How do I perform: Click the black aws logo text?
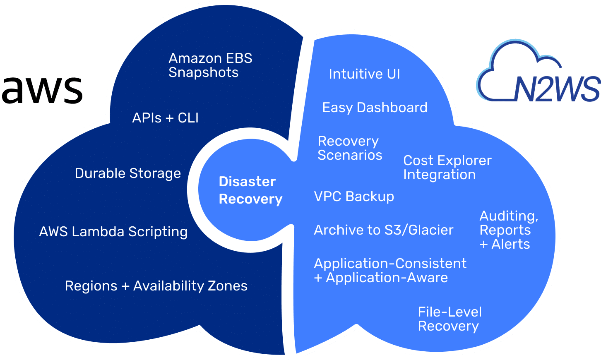(x=42, y=90)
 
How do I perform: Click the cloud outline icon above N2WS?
(x=522, y=62)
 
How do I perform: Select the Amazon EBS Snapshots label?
(x=210, y=65)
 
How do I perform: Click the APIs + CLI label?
(x=165, y=118)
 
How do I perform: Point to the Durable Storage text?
(x=127, y=173)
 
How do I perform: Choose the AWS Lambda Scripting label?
(x=113, y=232)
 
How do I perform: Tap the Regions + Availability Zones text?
(x=156, y=286)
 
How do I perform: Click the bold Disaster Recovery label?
(x=250, y=190)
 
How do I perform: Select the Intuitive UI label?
(x=364, y=74)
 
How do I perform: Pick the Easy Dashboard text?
(x=375, y=108)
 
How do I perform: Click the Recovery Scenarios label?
(x=349, y=148)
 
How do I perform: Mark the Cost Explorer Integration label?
(x=447, y=168)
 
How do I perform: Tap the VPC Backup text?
(x=354, y=197)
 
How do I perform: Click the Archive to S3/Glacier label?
(x=383, y=230)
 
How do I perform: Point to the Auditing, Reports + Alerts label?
(x=508, y=230)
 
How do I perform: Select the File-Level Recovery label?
(x=450, y=319)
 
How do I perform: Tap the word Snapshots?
(x=203, y=73)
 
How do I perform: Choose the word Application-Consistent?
(x=390, y=264)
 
